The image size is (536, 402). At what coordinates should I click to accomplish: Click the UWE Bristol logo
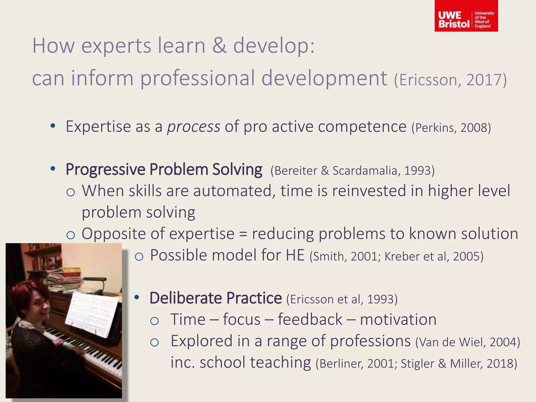(x=466, y=16)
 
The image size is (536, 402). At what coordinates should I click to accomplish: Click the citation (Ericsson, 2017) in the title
(x=450, y=80)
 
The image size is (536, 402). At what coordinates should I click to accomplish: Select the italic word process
(x=194, y=127)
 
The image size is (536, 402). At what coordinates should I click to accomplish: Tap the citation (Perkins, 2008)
(x=451, y=128)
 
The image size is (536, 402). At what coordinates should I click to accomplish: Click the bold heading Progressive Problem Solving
(x=164, y=170)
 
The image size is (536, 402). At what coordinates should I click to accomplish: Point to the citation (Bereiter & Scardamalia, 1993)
(x=352, y=171)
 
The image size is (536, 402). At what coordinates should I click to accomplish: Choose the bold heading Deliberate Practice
(x=215, y=298)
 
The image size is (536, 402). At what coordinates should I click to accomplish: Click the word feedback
(x=310, y=320)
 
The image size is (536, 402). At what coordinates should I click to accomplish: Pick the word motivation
(x=398, y=320)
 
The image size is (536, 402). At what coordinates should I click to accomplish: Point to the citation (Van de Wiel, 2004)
(x=467, y=342)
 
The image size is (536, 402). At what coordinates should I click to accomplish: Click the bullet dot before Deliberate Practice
(x=137, y=298)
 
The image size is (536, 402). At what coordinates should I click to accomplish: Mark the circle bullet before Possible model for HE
(x=139, y=257)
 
